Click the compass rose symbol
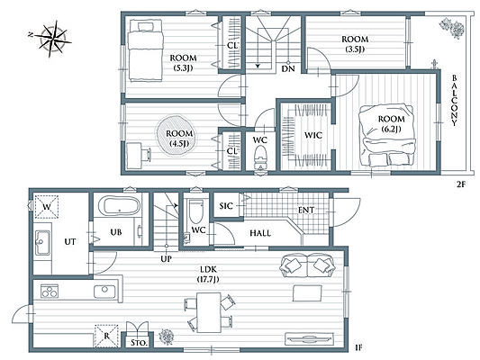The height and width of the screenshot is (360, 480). [51, 39]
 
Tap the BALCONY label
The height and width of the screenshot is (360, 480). [454, 100]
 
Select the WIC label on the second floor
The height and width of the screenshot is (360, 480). [313, 135]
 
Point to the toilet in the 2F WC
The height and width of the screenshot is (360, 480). [260, 157]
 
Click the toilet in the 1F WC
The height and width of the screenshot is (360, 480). [196, 211]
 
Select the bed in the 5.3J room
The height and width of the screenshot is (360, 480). [145, 50]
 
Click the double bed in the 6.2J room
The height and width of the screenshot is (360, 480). [387, 135]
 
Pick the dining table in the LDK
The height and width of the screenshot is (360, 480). [209, 312]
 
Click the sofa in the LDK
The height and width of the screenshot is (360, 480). [307, 265]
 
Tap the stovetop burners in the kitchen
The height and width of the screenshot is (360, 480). [50, 292]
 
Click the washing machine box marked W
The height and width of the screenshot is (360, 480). [47, 207]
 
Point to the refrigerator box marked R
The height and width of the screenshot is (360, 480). [106, 336]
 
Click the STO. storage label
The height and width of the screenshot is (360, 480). [140, 343]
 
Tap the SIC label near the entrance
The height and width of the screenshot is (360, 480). [226, 206]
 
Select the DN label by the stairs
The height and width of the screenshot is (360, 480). [288, 68]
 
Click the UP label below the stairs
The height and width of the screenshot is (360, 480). [167, 259]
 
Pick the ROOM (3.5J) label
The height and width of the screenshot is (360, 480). [355, 44]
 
